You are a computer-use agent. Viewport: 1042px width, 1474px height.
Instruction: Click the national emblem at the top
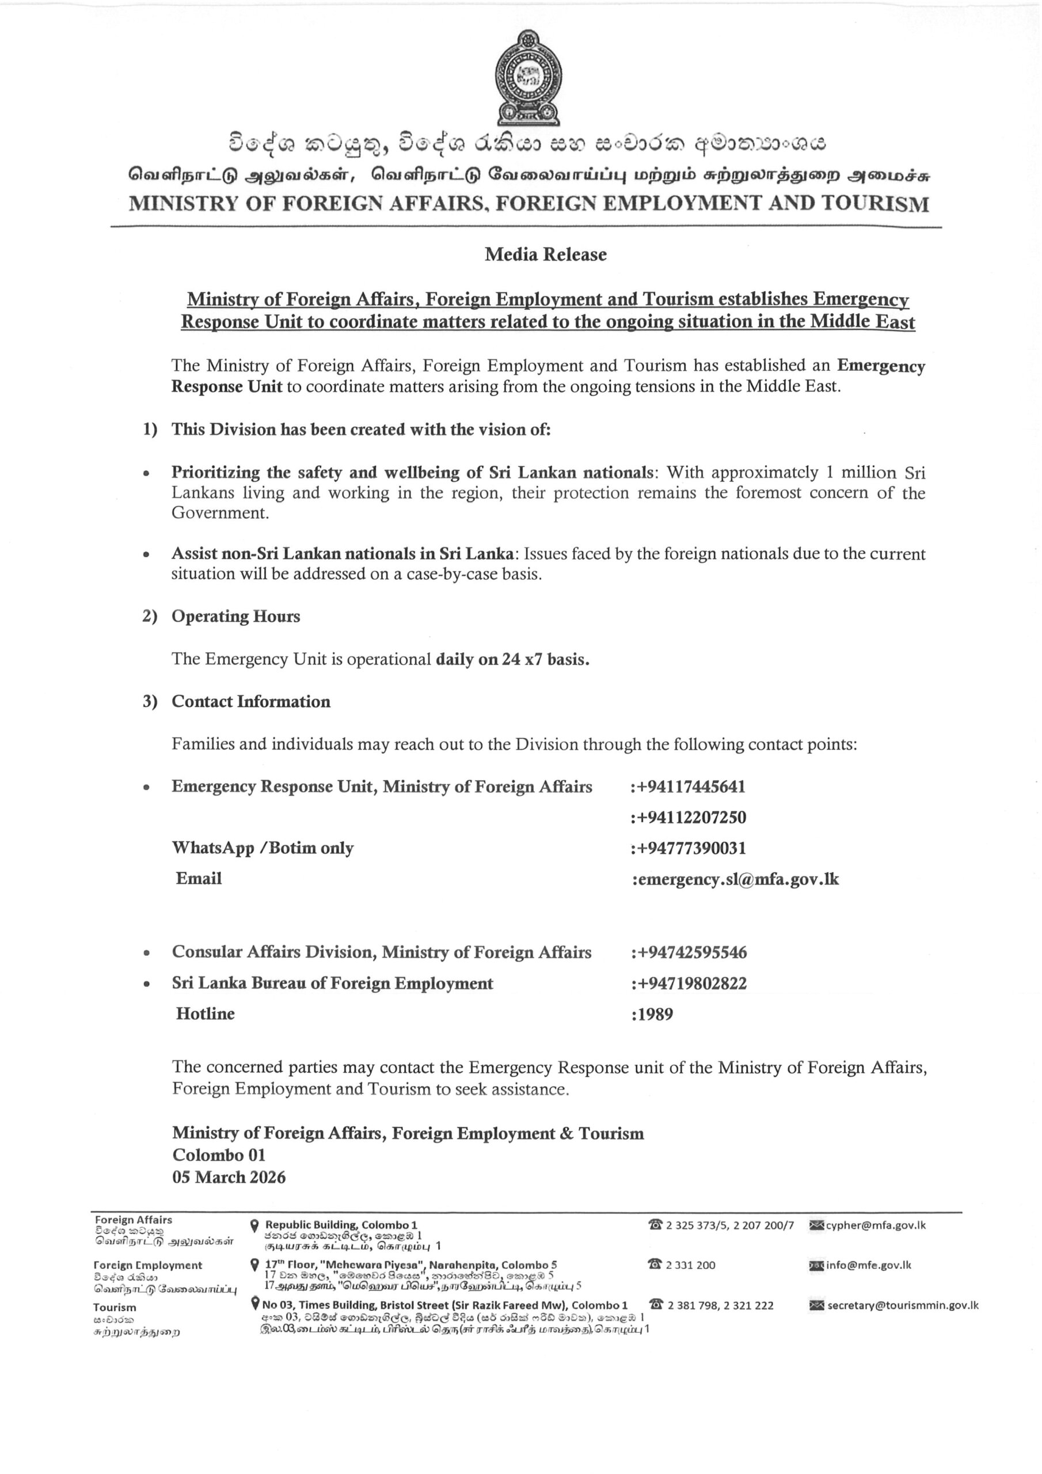click(527, 78)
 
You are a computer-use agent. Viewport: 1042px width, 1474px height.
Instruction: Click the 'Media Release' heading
click(545, 254)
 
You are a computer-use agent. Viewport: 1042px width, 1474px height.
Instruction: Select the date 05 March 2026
click(229, 1177)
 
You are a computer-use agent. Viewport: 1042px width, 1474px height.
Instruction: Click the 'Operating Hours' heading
click(235, 616)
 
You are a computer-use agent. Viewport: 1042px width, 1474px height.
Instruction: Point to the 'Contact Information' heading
click(250, 702)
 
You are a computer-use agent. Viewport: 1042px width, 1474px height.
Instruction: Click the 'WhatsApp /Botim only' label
click(263, 848)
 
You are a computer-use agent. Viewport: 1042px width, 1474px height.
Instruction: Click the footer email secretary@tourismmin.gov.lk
click(902, 1305)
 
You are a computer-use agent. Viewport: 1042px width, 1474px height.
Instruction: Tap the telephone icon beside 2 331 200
click(656, 1265)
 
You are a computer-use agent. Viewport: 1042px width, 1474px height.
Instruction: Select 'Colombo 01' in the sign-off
click(219, 1155)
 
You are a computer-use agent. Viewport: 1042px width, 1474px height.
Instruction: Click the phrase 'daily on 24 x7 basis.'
click(512, 659)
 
